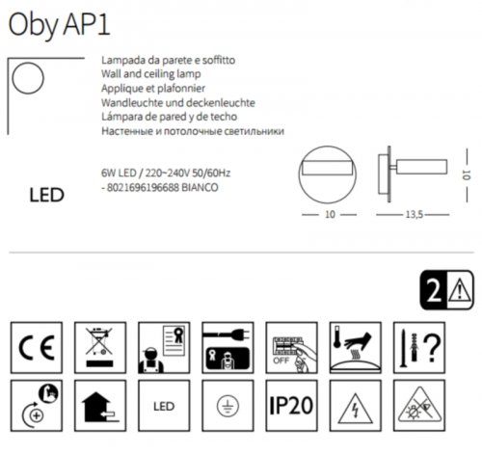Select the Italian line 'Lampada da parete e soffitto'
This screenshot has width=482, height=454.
[x=168, y=60]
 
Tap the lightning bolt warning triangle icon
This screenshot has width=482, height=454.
[x=354, y=406]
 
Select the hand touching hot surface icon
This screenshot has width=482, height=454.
[x=354, y=343]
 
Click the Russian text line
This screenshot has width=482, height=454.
[x=193, y=130]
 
